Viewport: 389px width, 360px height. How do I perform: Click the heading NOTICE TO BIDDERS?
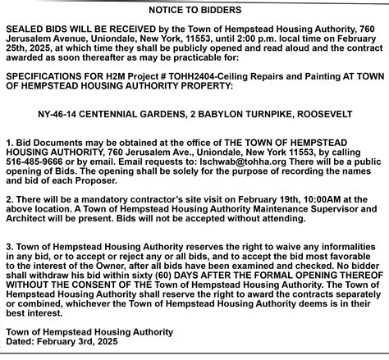point(195,11)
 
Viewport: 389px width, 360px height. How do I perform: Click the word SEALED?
point(23,28)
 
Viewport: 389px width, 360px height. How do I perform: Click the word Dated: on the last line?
point(21,341)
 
